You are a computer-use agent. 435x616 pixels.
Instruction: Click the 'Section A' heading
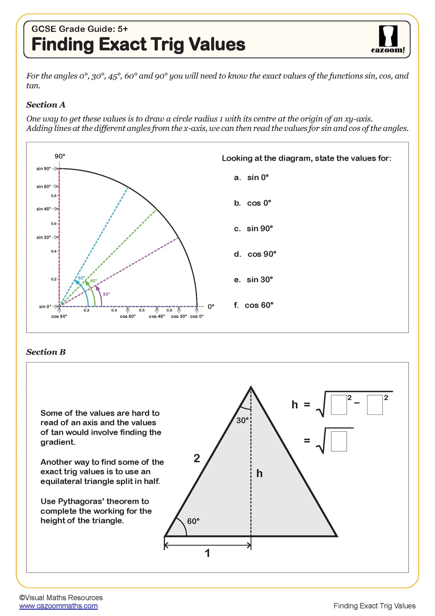(46, 105)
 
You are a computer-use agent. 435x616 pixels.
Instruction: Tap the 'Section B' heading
(46, 352)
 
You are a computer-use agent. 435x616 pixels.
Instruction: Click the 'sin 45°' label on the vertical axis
(44, 209)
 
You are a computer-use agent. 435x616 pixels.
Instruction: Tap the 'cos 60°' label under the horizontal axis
(128, 316)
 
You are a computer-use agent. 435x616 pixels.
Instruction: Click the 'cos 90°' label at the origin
(59, 316)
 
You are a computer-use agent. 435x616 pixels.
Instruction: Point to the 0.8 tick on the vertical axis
(54, 196)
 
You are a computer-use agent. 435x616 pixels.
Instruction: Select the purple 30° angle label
(106, 294)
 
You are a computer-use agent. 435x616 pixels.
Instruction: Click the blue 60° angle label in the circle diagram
(82, 278)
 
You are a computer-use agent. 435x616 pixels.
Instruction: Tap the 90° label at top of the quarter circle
(60, 156)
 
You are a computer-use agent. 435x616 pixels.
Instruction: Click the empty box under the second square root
(339, 441)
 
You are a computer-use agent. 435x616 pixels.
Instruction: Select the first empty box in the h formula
(339, 405)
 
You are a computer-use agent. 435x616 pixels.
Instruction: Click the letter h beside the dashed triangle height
(260, 474)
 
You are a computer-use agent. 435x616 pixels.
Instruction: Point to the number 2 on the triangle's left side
(197, 458)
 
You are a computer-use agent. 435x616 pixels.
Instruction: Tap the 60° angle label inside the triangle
(193, 521)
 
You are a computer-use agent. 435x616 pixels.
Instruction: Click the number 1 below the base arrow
(207, 553)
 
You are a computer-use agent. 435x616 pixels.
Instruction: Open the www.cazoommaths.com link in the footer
(58, 606)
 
